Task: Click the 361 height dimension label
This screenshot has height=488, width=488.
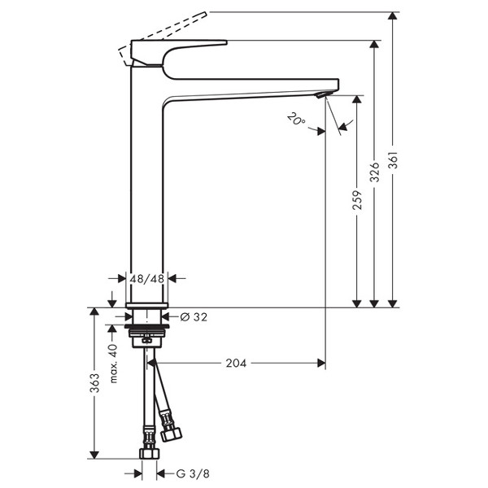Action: click(x=394, y=160)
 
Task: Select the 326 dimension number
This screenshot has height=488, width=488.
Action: click(x=375, y=172)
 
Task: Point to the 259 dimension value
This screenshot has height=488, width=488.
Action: click(x=358, y=200)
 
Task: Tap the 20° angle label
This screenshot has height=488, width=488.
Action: click(x=296, y=119)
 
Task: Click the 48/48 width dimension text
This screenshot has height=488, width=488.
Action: click(x=147, y=279)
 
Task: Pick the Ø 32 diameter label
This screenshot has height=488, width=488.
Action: click(x=194, y=317)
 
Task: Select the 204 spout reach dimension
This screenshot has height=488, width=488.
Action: click(x=236, y=364)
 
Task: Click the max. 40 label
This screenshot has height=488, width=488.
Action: click(x=113, y=364)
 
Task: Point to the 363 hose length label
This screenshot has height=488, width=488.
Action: click(x=95, y=383)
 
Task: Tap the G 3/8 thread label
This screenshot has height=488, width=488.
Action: click(x=193, y=474)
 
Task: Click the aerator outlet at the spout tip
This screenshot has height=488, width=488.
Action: click(x=325, y=94)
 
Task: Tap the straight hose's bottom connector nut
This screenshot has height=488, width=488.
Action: click(x=149, y=454)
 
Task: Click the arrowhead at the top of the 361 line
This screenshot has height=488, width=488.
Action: click(x=394, y=16)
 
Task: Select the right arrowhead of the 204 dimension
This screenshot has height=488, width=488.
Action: click(x=321, y=363)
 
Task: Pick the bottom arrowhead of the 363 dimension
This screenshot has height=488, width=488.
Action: click(x=94, y=455)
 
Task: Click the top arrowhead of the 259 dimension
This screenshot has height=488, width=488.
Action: click(x=357, y=99)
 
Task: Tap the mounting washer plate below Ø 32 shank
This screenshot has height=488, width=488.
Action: click(x=147, y=326)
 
